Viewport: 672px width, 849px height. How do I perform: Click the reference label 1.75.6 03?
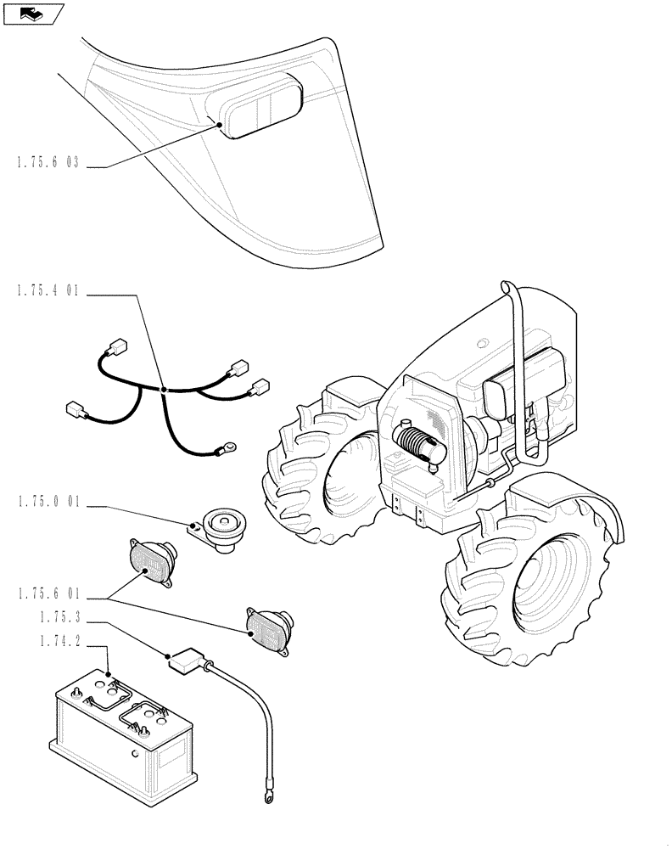point(47,163)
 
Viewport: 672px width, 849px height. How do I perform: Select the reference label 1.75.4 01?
point(47,291)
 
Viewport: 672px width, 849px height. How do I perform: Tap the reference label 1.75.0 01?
point(47,503)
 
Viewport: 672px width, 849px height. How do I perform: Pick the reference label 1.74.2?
point(54,644)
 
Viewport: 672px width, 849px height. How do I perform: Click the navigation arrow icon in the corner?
point(32,13)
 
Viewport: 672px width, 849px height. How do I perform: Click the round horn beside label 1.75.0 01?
point(225,530)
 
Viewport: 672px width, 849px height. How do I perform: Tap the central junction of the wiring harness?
point(163,390)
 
